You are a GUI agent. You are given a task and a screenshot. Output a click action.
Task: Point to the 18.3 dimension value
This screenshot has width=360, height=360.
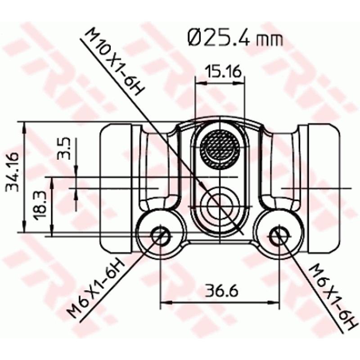[40, 205]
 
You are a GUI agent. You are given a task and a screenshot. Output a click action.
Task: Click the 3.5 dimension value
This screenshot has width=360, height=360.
[64, 149]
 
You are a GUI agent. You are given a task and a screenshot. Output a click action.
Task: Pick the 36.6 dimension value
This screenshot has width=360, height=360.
[220, 291]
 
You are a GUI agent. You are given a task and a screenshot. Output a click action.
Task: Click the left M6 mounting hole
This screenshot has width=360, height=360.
[161, 234]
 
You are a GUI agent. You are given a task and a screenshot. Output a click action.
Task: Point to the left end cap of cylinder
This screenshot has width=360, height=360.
[115, 187]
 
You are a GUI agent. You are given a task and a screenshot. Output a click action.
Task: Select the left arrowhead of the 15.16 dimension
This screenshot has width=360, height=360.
[198, 83]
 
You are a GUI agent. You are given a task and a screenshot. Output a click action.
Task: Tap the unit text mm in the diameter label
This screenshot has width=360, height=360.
[270, 40]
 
